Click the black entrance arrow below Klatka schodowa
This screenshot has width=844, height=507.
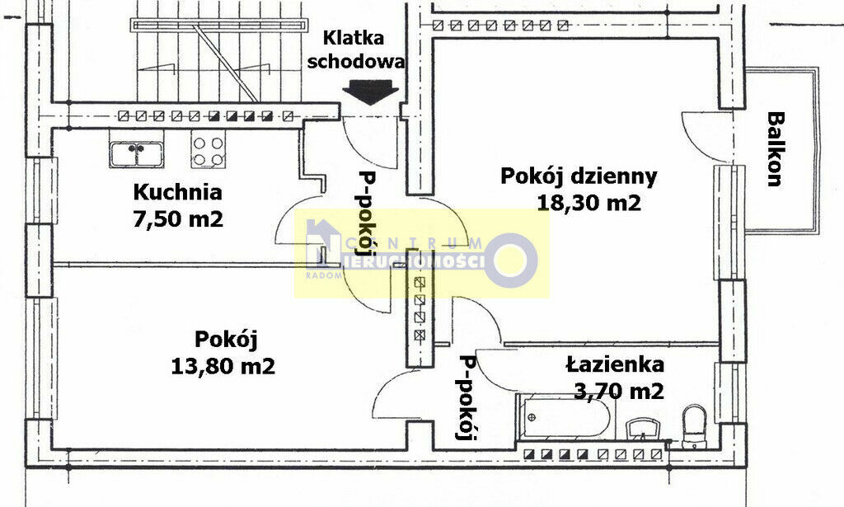(370, 92)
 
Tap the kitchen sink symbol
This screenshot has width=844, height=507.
(136, 154)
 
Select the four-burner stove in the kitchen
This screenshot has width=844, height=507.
(208, 151)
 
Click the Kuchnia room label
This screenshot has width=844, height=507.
(178, 192)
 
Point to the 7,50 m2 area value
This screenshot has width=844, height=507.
(178, 219)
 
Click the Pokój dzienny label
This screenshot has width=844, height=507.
(579, 177)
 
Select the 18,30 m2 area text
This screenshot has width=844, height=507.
(589, 204)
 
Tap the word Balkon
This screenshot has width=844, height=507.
(775, 148)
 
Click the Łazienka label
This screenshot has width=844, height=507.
(615, 364)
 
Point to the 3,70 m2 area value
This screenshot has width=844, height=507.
(618, 392)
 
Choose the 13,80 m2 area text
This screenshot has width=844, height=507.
(223, 367)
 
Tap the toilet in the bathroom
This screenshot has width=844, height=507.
(694, 425)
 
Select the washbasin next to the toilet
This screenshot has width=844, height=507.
(645, 429)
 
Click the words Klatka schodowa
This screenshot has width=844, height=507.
(356, 49)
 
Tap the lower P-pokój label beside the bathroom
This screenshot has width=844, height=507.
(467, 397)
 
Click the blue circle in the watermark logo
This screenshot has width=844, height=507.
(511, 260)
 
